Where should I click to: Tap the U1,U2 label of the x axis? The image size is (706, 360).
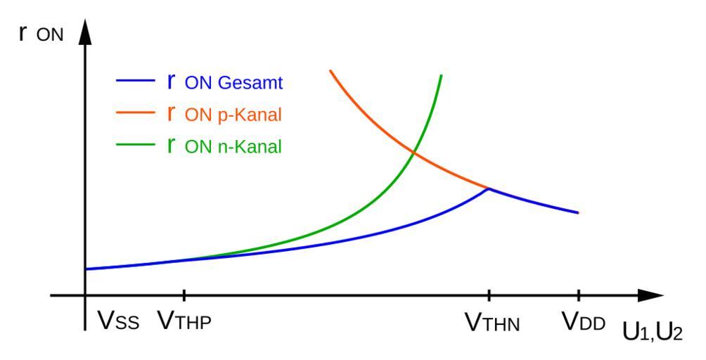(651, 331)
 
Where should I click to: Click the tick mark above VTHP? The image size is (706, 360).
(184, 296)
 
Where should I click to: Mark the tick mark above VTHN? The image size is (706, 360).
(489, 296)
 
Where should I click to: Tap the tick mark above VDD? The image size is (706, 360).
(578, 296)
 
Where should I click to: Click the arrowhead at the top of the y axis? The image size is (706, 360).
(84, 32)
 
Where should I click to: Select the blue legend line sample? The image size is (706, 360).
(134, 82)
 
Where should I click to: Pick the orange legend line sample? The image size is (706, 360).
(134, 114)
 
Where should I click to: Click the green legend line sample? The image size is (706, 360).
(134, 146)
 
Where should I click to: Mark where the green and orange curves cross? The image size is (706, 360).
(413, 153)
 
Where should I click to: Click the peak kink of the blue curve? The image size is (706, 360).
(489, 188)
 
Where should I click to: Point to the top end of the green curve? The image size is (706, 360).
(441, 75)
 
